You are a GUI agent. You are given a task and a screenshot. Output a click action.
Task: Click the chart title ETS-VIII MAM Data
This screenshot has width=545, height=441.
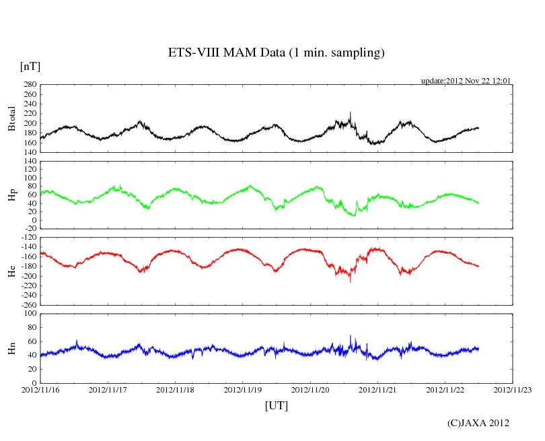pos(276,53)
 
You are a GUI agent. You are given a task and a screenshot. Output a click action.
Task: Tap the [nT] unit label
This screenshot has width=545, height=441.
pos(30,67)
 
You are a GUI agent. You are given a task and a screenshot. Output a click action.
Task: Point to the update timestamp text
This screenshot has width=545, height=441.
pos(466,80)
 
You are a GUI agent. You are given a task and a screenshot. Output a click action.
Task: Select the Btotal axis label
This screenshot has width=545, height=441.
pos(11,118)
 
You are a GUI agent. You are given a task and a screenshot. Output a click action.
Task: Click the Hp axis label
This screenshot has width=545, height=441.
pos(11,195)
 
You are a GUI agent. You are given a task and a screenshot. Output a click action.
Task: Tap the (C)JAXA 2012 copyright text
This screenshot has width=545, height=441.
pos(478,423)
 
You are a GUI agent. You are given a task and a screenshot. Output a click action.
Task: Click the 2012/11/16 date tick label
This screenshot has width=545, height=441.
pos(40,389)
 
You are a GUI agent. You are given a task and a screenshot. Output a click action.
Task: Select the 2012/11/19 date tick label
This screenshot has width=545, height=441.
pos(243,389)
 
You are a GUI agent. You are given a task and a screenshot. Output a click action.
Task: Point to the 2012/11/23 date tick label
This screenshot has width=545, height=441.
pos(513,389)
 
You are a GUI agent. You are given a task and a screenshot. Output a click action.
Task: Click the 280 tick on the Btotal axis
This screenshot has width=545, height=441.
pos(29,85)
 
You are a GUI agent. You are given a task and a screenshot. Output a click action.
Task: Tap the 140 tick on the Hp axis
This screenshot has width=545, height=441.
pos(29,162)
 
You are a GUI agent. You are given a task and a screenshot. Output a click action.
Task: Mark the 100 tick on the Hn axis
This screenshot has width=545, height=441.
pos(29,314)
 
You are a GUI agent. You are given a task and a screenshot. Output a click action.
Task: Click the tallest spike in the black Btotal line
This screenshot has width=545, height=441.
pos(350,113)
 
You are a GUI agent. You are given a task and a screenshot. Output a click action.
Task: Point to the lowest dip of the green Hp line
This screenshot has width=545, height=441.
pos(354,215)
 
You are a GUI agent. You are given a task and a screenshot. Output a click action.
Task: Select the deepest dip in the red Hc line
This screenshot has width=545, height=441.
pos(350,281)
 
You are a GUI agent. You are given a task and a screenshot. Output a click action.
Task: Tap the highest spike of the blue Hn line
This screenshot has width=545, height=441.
pos(350,336)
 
